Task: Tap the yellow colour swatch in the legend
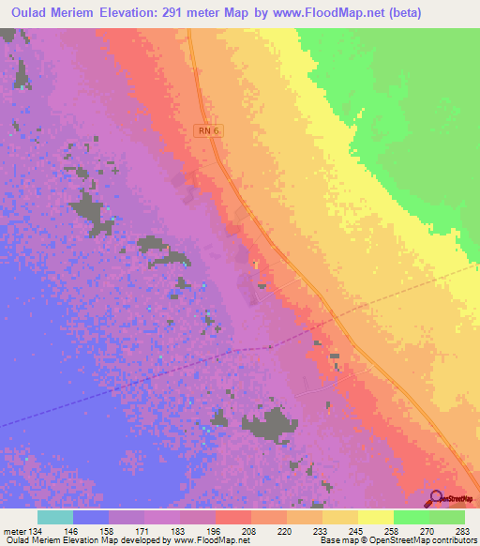tap(375, 517)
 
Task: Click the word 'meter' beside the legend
tap(15, 530)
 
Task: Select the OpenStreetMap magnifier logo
tap(435, 499)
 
